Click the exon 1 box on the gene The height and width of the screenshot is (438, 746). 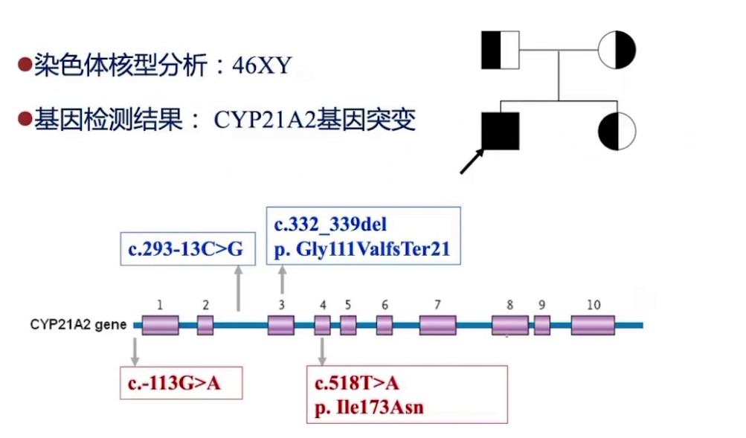click(160, 325)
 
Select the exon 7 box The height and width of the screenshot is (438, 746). click(437, 325)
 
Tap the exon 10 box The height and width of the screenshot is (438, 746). click(593, 325)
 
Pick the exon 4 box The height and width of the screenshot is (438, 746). click(322, 325)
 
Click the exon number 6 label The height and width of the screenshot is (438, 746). click(385, 305)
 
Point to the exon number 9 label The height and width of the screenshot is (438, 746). click(541, 305)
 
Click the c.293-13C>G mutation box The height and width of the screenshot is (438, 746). click(185, 248)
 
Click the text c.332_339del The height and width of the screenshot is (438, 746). click(330, 224)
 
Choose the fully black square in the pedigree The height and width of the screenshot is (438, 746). click(501, 131)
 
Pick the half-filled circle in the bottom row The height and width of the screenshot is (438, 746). click(617, 131)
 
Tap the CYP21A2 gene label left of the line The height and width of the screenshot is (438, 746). click(78, 325)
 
